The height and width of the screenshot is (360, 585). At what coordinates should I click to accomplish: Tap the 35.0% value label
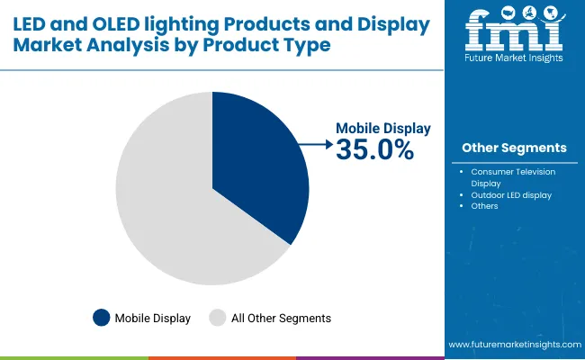[x=374, y=150]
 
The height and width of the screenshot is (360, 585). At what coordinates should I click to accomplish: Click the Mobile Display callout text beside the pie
[x=383, y=129]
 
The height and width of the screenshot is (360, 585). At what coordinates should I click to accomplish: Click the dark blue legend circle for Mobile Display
[x=101, y=317]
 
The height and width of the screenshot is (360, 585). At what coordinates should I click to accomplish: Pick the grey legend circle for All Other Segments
[x=218, y=317]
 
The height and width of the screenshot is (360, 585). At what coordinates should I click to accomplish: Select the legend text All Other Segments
[x=282, y=318]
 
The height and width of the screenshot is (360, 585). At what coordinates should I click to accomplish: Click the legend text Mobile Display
[x=153, y=318]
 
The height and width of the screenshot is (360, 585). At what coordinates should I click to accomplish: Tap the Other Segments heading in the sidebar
[x=514, y=148]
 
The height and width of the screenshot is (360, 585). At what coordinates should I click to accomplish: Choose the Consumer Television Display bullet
[x=513, y=176]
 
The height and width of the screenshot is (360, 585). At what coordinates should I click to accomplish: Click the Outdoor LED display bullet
[x=511, y=194]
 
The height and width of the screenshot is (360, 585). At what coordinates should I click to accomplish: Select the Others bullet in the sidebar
[x=484, y=206]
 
